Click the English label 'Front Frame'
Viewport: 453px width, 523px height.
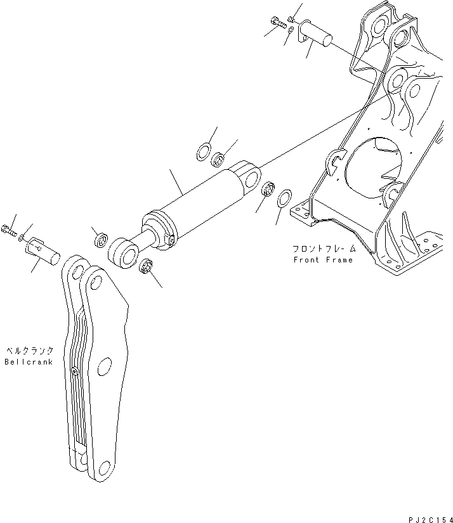click(x=322, y=260)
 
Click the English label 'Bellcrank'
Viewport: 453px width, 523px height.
click(x=29, y=361)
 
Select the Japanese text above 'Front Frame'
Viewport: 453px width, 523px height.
click(x=323, y=249)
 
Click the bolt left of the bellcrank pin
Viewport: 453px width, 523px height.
click(x=9, y=229)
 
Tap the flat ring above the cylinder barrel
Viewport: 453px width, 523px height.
click(x=202, y=153)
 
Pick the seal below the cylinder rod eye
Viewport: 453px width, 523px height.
click(x=144, y=267)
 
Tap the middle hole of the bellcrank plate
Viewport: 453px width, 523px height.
click(x=105, y=366)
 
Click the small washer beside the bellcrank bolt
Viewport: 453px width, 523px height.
click(x=23, y=237)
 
